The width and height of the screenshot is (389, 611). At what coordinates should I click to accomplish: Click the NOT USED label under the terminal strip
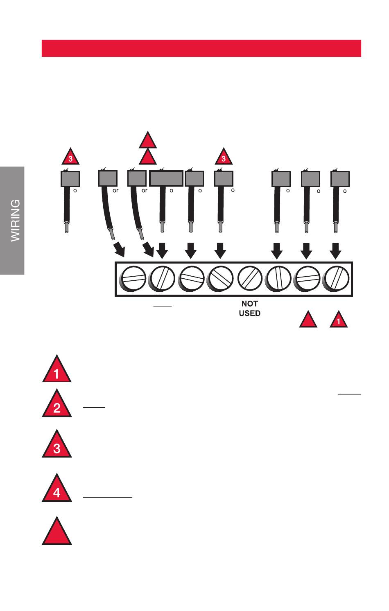(249, 309)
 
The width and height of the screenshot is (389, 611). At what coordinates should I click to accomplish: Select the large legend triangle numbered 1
(57, 370)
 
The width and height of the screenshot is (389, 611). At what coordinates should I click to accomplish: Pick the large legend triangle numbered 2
(57, 405)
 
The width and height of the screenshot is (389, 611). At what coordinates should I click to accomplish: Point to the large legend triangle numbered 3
(57, 445)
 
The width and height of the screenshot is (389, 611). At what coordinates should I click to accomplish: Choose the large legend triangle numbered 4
(57, 489)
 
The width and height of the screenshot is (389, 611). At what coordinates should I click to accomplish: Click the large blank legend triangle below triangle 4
(57, 532)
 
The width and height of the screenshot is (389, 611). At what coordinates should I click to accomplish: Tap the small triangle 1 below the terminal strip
(339, 320)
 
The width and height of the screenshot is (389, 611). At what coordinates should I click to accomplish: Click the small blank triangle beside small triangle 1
(308, 320)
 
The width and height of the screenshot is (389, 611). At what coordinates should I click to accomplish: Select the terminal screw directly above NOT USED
(249, 279)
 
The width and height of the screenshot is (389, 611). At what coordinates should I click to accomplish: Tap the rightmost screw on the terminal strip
(336, 279)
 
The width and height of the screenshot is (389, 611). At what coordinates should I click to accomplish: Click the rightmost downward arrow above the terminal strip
(336, 250)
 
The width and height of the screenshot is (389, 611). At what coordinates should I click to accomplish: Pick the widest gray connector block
(166, 179)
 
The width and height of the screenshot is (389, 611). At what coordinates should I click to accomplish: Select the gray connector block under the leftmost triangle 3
(70, 179)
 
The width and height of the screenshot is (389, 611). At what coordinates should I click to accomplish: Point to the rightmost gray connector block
(340, 179)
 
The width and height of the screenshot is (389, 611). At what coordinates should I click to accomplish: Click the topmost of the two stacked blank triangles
(148, 141)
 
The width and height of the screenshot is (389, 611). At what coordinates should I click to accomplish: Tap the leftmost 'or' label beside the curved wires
(115, 191)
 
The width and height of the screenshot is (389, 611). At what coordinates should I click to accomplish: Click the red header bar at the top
(201, 48)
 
